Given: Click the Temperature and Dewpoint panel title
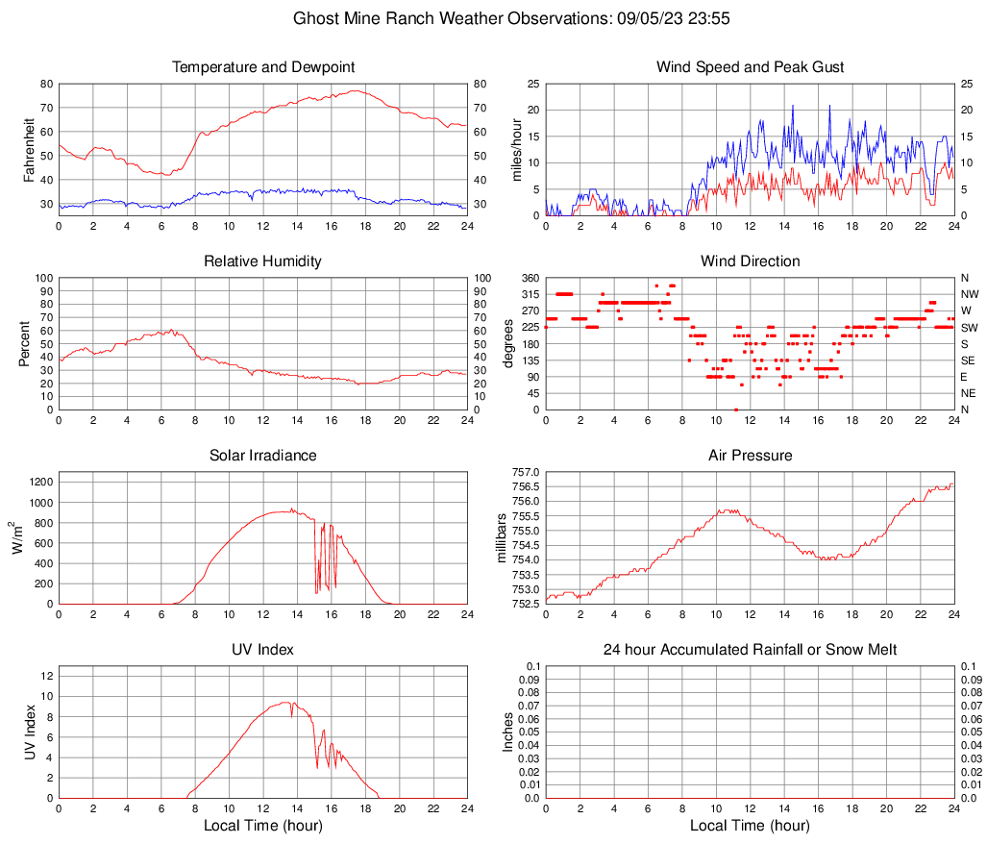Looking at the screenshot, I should tap(262, 67).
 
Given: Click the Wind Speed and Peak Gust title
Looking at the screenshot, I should tap(750, 67).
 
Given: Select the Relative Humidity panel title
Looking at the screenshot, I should tap(262, 261).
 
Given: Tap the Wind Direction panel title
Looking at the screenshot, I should tap(750, 261).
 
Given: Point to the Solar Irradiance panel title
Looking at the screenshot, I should tap(262, 456).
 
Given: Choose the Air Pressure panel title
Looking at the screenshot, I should tap(750, 456).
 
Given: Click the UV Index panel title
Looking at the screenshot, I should tap(262, 650).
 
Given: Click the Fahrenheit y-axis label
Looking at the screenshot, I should tap(29, 149).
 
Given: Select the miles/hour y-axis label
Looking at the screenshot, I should tap(516, 149).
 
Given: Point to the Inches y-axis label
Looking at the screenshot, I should tap(508, 732).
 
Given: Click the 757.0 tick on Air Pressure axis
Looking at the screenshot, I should tap(527, 472).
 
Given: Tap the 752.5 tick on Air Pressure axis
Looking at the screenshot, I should tap(527, 605).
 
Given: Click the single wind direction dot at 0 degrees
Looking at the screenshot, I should tap(736, 410).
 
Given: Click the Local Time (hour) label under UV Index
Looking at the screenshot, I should tap(262, 826).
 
